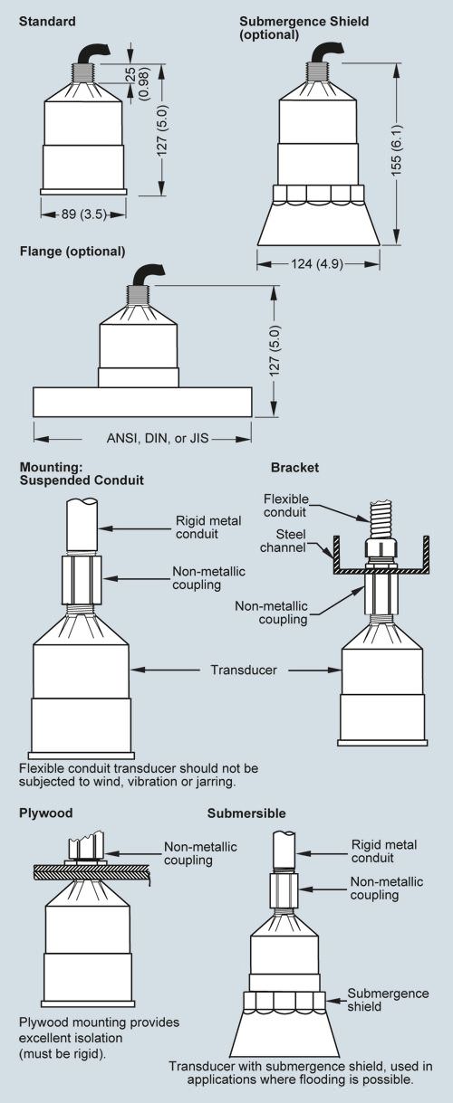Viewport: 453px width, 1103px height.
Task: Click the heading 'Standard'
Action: (x=47, y=22)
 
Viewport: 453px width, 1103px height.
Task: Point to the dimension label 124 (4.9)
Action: (x=316, y=264)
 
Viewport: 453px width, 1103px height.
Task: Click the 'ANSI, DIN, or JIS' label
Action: (x=158, y=438)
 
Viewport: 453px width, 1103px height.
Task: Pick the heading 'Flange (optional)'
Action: (x=72, y=252)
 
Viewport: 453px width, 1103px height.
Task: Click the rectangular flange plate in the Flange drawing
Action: (x=143, y=402)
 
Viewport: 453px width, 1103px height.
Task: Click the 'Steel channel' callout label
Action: (x=283, y=541)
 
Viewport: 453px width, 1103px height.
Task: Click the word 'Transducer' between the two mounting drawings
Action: (x=244, y=670)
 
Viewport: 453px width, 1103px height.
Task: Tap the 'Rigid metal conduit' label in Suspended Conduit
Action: (x=208, y=528)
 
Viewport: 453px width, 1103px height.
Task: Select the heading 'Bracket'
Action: (x=294, y=467)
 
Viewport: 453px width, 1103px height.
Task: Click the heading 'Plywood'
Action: (x=46, y=813)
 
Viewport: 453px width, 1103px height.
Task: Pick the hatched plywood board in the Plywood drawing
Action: (x=92, y=872)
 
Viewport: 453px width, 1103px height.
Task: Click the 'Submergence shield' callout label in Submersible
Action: (x=388, y=1000)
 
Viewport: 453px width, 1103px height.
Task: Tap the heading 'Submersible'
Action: (x=246, y=813)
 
